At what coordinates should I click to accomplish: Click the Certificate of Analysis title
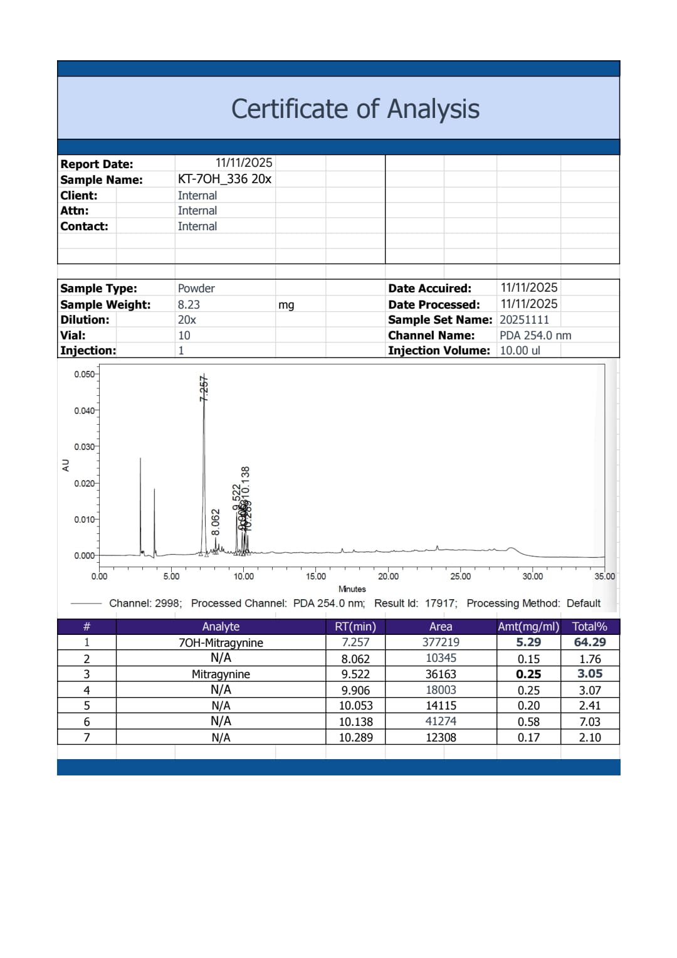coord(355,109)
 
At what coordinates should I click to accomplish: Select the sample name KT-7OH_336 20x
coord(224,179)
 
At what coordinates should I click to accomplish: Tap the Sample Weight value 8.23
coord(189,304)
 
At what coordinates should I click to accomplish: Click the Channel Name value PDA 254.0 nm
coord(535,335)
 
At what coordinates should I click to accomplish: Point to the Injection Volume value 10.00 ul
coord(520,351)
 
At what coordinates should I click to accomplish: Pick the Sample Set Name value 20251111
coord(524,319)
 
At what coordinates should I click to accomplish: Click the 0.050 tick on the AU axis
coord(84,375)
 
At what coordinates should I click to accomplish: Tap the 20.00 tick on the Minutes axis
coord(388,576)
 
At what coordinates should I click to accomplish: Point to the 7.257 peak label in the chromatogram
coord(204,388)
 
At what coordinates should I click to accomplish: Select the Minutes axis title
coord(352,589)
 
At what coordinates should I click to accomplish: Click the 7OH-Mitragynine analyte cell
coord(221,642)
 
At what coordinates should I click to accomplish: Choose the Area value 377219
coord(441,642)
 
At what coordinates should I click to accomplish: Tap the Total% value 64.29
coord(590,642)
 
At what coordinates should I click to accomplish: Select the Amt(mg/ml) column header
coord(528,626)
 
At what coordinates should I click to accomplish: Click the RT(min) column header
coord(355,626)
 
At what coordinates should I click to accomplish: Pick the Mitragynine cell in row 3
coord(221,674)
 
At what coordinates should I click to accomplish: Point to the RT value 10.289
coord(355,738)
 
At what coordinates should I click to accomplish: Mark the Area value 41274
coord(441,721)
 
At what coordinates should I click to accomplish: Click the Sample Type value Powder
coord(196,289)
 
